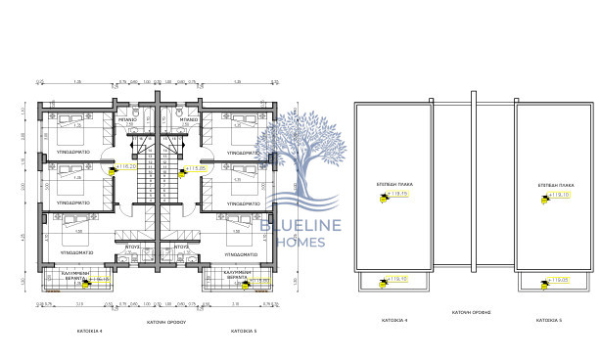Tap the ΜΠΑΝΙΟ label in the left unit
(127, 119)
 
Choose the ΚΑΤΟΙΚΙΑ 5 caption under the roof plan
(549, 320)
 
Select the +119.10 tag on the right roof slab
(559, 196)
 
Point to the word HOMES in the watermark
(299, 243)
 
